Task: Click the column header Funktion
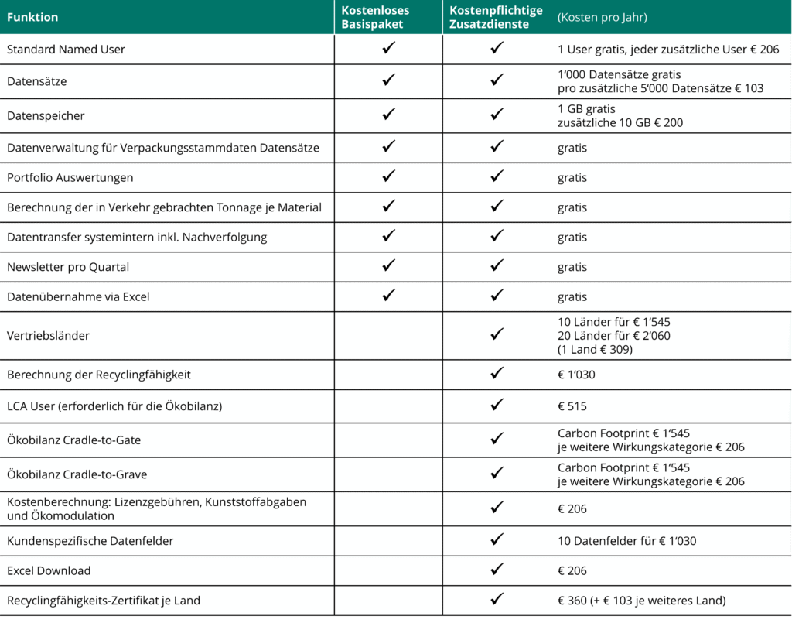(32, 17)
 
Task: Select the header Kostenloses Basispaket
(375, 17)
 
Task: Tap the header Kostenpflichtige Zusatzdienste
(496, 17)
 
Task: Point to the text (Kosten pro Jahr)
(602, 17)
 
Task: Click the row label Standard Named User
(66, 50)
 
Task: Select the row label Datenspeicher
(46, 116)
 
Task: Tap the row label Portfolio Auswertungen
(70, 177)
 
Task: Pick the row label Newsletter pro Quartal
(68, 267)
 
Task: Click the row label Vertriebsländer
(48, 336)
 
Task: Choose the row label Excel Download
(49, 570)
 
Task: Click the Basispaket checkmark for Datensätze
(389, 80)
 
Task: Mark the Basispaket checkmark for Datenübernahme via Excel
(389, 295)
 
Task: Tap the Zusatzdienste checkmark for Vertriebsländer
(497, 334)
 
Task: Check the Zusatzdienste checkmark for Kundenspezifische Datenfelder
(497, 539)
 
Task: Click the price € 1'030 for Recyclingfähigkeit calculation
(576, 375)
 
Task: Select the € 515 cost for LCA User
(572, 406)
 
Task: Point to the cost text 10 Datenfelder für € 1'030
(626, 541)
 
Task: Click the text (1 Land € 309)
(596, 349)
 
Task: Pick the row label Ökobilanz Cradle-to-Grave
(77, 474)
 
